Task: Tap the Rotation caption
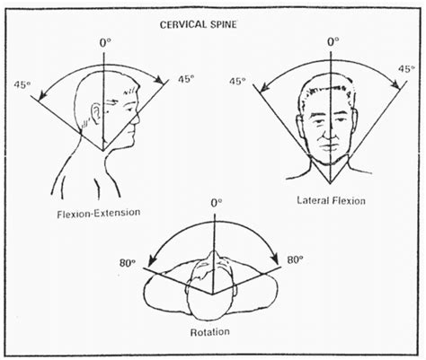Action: pos(213,331)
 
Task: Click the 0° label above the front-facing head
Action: pos(333,40)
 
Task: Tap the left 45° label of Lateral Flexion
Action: pos(238,81)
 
